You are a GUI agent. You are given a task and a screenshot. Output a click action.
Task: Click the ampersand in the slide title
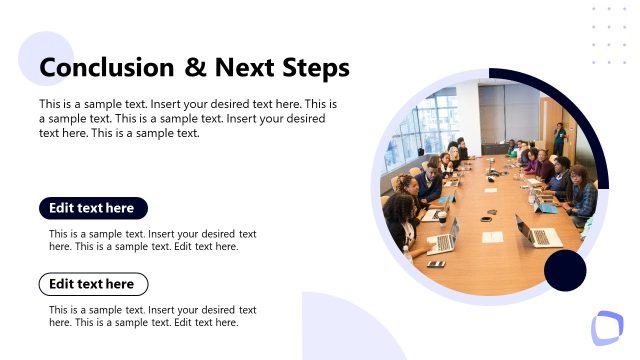pyautogui.click(x=195, y=68)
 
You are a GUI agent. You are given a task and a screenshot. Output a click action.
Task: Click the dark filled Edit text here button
pyautogui.click(x=93, y=208)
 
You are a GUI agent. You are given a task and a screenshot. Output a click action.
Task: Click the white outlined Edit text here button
pyautogui.click(x=93, y=284)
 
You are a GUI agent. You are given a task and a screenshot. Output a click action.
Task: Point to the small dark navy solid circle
pyautogui.click(x=565, y=271)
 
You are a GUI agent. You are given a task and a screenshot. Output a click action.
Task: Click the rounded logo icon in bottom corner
pyautogui.click(x=606, y=328)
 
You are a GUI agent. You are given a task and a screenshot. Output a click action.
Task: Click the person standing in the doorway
pyautogui.click(x=559, y=137)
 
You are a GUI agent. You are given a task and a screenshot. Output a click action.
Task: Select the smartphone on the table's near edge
pyautogui.click(x=436, y=264)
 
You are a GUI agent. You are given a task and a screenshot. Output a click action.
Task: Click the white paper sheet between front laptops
pyautogui.click(x=492, y=237)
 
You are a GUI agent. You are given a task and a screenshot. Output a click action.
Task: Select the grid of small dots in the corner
pyautogui.click(x=608, y=36)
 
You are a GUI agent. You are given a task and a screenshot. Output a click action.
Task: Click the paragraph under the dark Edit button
pyautogui.click(x=152, y=240)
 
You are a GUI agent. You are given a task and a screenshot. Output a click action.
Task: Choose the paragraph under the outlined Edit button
pyautogui.click(x=152, y=316)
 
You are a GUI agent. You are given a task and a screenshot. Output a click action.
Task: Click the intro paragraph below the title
pyautogui.click(x=188, y=118)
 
